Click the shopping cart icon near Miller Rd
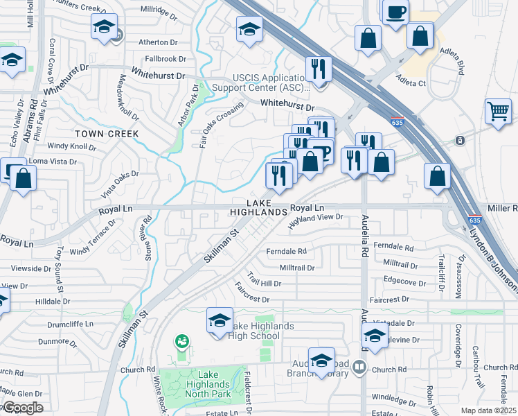point(499,111)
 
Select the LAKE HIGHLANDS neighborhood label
point(258,207)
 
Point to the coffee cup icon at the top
point(395,12)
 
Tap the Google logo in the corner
point(22,408)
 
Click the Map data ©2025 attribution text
point(489,410)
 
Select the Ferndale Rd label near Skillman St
point(285,251)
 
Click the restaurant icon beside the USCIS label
point(319,68)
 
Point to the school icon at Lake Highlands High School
point(220,321)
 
